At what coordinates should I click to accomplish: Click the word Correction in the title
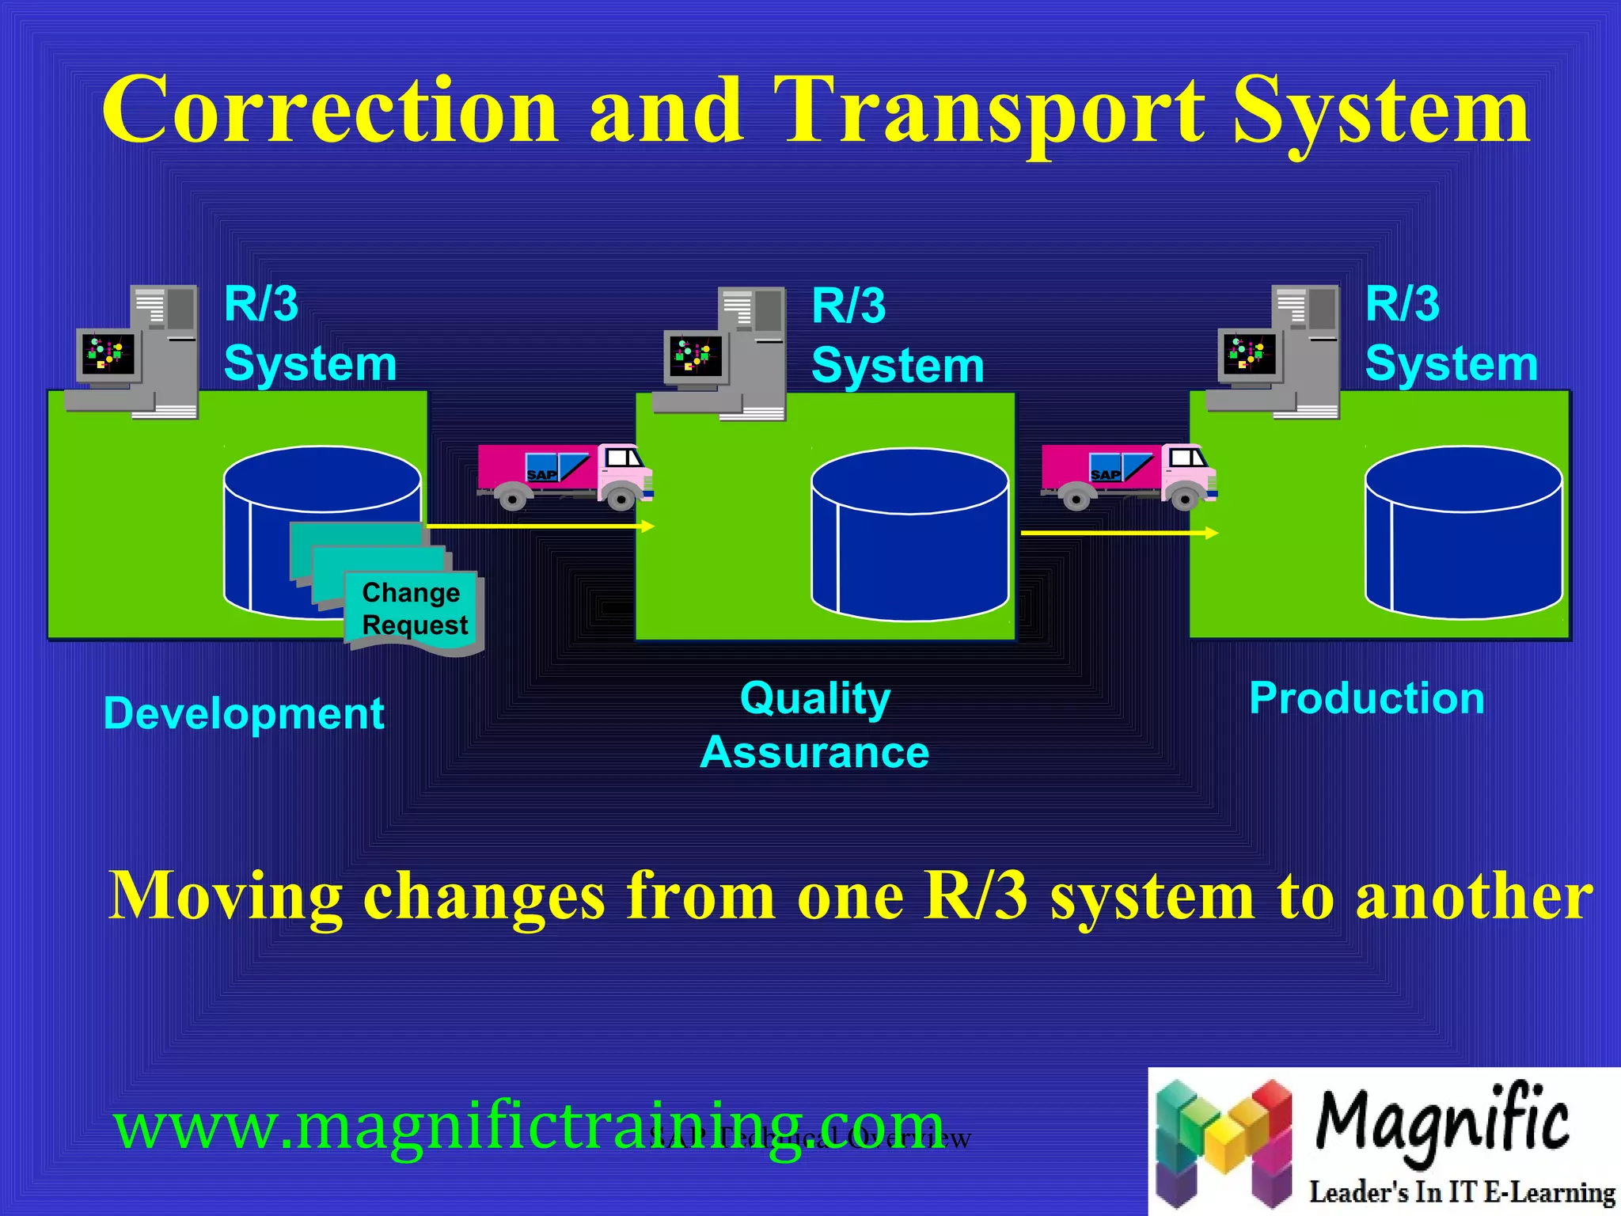[330, 111]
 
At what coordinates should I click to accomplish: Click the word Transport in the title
[989, 111]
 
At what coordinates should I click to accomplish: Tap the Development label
[244, 713]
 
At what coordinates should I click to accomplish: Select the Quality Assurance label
[815, 724]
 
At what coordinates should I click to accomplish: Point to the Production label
[1367, 698]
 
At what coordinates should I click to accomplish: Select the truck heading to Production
[1129, 475]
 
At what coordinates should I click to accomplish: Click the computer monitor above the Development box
[108, 354]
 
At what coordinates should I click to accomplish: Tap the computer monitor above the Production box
[1249, 354]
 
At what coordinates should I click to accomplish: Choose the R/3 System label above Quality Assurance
[897, 336]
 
